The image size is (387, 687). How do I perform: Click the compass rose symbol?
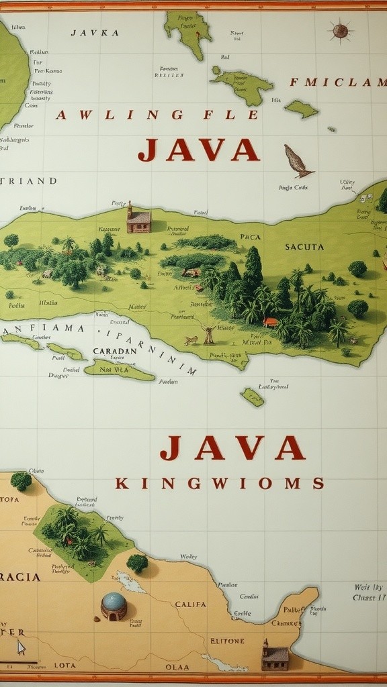pyautogui.click(x=340, y=30)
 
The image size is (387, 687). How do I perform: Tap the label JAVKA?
pyautogui.click(x=95, y=32)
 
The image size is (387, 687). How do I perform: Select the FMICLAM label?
pyautogui.click(x=338, y=83)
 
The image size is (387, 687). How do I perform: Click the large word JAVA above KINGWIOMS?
pyautogui.click(x=232, y=447)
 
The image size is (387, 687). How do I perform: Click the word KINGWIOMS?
pyautogui.click(x=220, y=483)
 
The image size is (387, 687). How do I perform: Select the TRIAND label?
pyautogui.click(x=30, y=180)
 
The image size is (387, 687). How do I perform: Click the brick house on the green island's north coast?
pyautogui.click(x=138, y=219)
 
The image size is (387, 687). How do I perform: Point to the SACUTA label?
pyautogui.click(x=304, y=247)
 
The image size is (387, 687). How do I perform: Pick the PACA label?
pyautogui.click(x=250, y=237)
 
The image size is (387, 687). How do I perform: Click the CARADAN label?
pyautogui.click(x=114, y=351)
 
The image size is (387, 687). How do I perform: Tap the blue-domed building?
pyautogui.click(x=114, y=606)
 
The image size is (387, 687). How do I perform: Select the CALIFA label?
pyautogui.click(x=190, y=604)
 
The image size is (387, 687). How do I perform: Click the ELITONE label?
pyautogui.click(x=227, y=641)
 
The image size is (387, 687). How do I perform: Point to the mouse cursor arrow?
pyautogui.click(x=21, y=647)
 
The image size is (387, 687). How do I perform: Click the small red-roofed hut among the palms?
pyautogui.click(x=271, y=322)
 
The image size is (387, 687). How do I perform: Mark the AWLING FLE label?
pyautogui.click(x=157, y=115)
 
